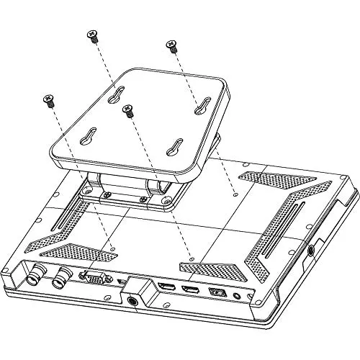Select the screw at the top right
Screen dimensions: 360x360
pyautogui.click(x=171, y=47)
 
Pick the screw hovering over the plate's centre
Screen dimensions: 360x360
pyautogui.click(x=129, y=110)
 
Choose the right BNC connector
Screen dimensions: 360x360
pyautogui.click(x=63, y=274)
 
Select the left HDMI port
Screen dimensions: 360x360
pyautogui.click(x=166, y=288)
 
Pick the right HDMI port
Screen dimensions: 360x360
pyautogui.click(x=191, y=290)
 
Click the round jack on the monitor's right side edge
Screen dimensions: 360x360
pyautogui.click(x=311, y=251)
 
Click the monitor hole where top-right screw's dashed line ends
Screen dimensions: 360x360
pyautogui.click(x=236, y=193)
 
